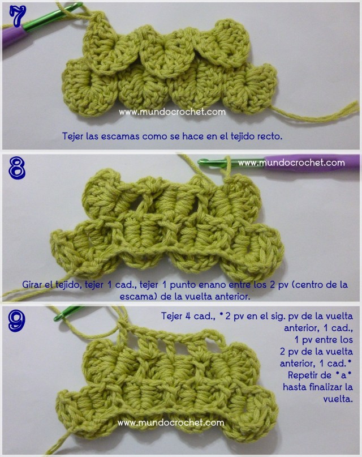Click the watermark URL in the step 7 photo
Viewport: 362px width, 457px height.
(x=172, y=112)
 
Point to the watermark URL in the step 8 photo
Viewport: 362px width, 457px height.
(x=291, y=163)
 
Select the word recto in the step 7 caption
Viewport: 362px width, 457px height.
(x=269, y=136)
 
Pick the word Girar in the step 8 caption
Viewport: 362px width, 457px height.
(x=33, y=284)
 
